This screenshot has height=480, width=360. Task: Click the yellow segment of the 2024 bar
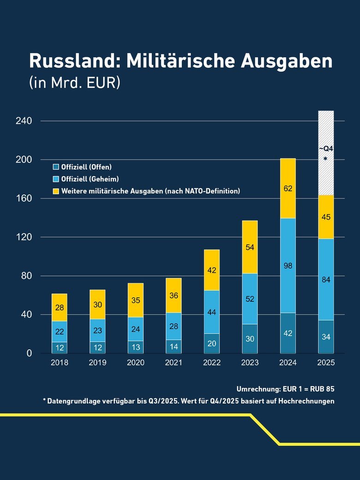coord(288,188)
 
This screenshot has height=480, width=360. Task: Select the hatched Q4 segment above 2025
coord(326,153)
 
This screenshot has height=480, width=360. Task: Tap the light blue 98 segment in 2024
coord(288,265)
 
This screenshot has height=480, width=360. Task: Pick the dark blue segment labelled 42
coord(288,333)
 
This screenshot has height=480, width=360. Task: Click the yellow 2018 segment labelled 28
coord(60,307)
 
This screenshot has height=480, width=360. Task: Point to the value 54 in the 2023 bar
coord(250,247)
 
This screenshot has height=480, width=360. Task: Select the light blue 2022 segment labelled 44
coord(212,312)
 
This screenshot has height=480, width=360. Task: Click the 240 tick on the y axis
coord(23,121)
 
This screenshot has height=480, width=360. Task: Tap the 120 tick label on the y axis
coord(23,237)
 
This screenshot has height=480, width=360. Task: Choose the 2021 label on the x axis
coord(174,363)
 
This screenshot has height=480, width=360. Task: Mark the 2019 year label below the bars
coord(97,363)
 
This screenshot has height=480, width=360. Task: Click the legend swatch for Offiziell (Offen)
coord(56,167)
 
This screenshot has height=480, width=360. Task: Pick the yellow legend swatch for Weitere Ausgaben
coord(56,191)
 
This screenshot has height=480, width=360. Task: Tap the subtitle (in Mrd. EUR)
coord(74,83)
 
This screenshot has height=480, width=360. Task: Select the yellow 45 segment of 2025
coord(326,217)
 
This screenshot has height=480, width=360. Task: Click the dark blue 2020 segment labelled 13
coord(136,347)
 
